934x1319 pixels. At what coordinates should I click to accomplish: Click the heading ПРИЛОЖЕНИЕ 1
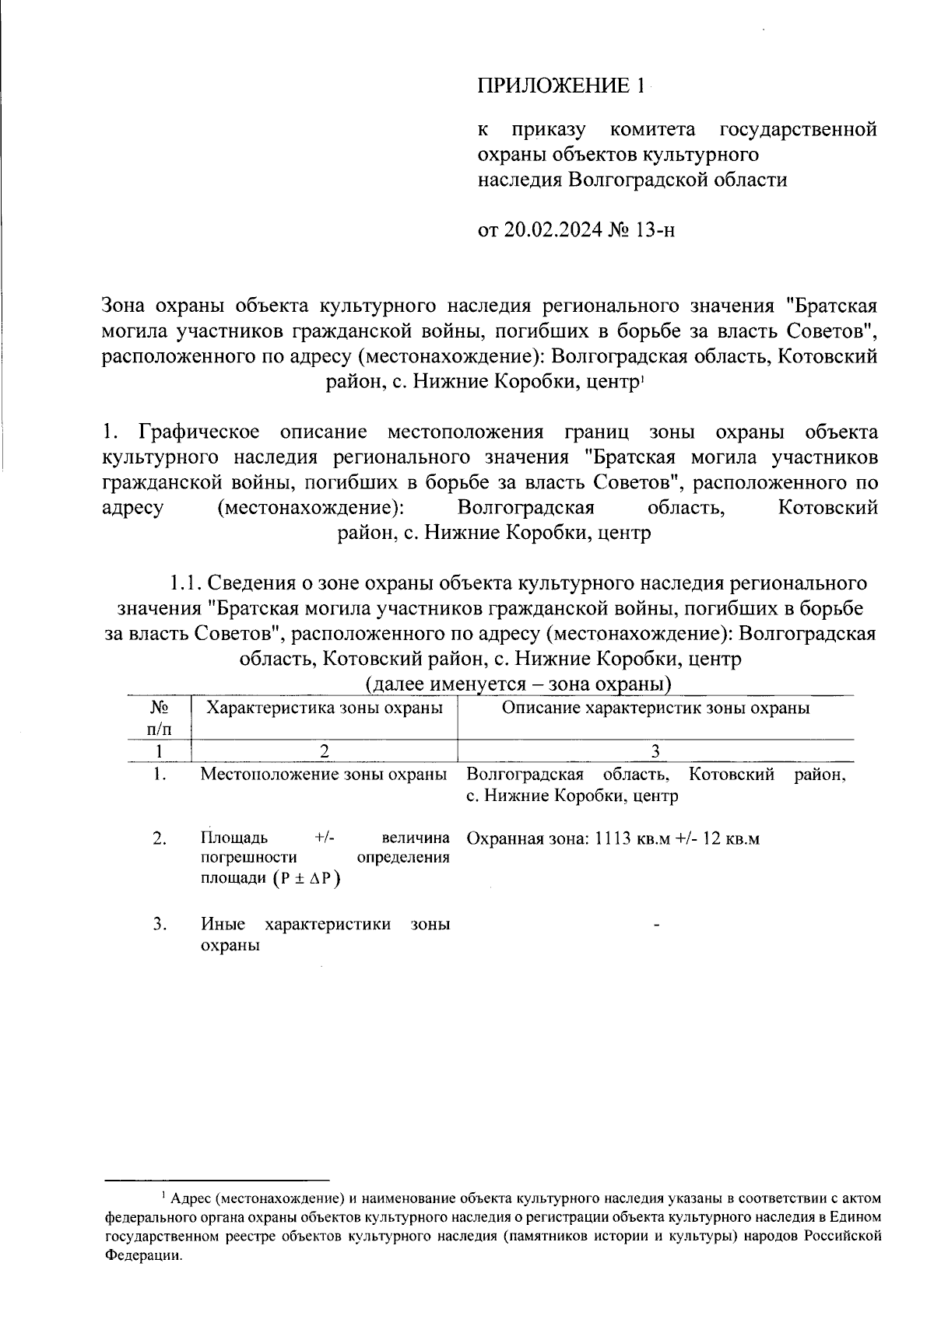[560, 86]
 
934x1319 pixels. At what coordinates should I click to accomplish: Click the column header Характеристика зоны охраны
[324, 708]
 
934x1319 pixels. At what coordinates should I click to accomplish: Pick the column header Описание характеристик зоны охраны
[655, 708]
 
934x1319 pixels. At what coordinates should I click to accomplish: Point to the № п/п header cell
[159, 718]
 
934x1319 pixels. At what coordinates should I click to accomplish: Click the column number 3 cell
[655, 750]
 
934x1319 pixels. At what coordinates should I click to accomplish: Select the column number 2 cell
[324, 750]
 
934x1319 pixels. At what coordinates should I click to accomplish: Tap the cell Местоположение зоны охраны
[324, 775]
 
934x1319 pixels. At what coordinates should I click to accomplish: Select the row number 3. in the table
[160, 924]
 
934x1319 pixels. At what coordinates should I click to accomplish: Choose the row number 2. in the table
[160, 838]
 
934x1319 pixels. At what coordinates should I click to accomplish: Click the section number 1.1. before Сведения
[186, 583]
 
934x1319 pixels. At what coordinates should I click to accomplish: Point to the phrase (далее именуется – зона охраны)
[518, 684]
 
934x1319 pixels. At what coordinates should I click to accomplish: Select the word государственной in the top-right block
[799, 129]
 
